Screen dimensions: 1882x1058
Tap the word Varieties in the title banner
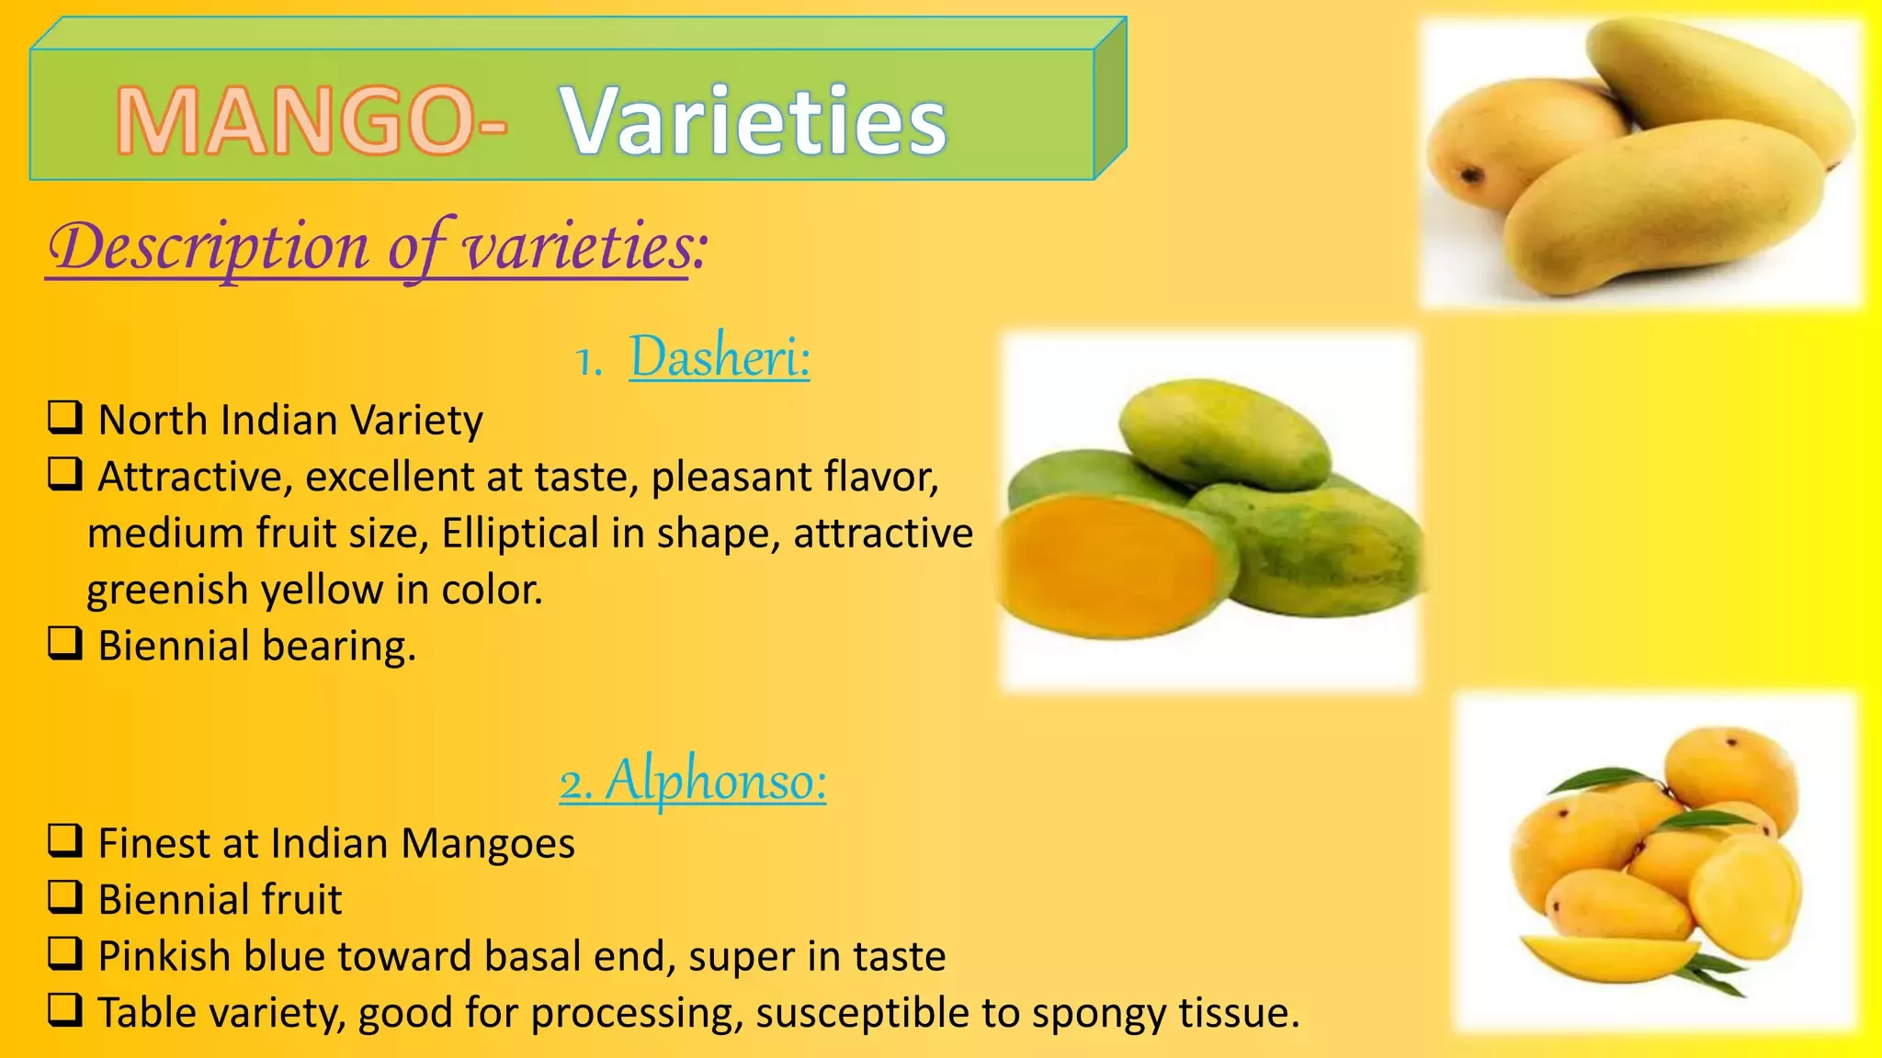(x=754, y=120)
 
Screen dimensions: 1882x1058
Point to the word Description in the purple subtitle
(x=209, y=248)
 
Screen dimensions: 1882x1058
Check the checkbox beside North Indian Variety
(x=65, y=418)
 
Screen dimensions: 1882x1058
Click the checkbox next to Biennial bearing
(x=65, y=644)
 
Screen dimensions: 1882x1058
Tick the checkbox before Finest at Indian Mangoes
(x=65, y=841)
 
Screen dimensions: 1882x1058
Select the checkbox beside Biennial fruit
(x=65, y=897)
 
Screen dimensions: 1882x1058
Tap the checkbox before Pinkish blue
(x=65, y=954)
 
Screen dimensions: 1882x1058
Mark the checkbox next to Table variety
(x=65, y=1010)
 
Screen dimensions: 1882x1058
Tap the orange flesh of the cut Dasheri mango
(x=1107, y=562)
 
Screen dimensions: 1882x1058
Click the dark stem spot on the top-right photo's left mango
(x=1472, y=174)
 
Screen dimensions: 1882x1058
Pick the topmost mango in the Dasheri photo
(x=1225, y=433)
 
